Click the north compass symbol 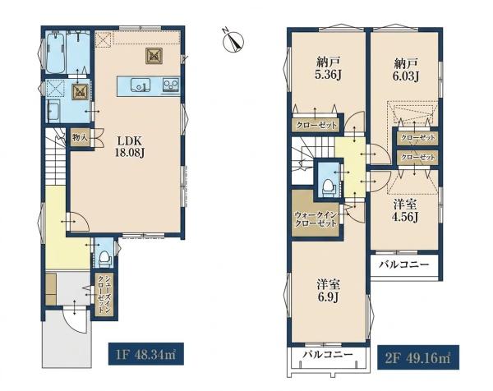233,40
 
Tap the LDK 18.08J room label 130,147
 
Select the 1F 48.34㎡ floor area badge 146,353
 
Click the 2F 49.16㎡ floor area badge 418,357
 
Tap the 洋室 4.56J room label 406,210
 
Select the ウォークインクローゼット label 316,219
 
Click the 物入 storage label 81,137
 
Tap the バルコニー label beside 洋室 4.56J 403,264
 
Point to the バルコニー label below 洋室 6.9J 328,355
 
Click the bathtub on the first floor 56,53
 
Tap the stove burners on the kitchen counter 171,85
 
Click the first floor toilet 104,257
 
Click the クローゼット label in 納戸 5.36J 316,126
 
